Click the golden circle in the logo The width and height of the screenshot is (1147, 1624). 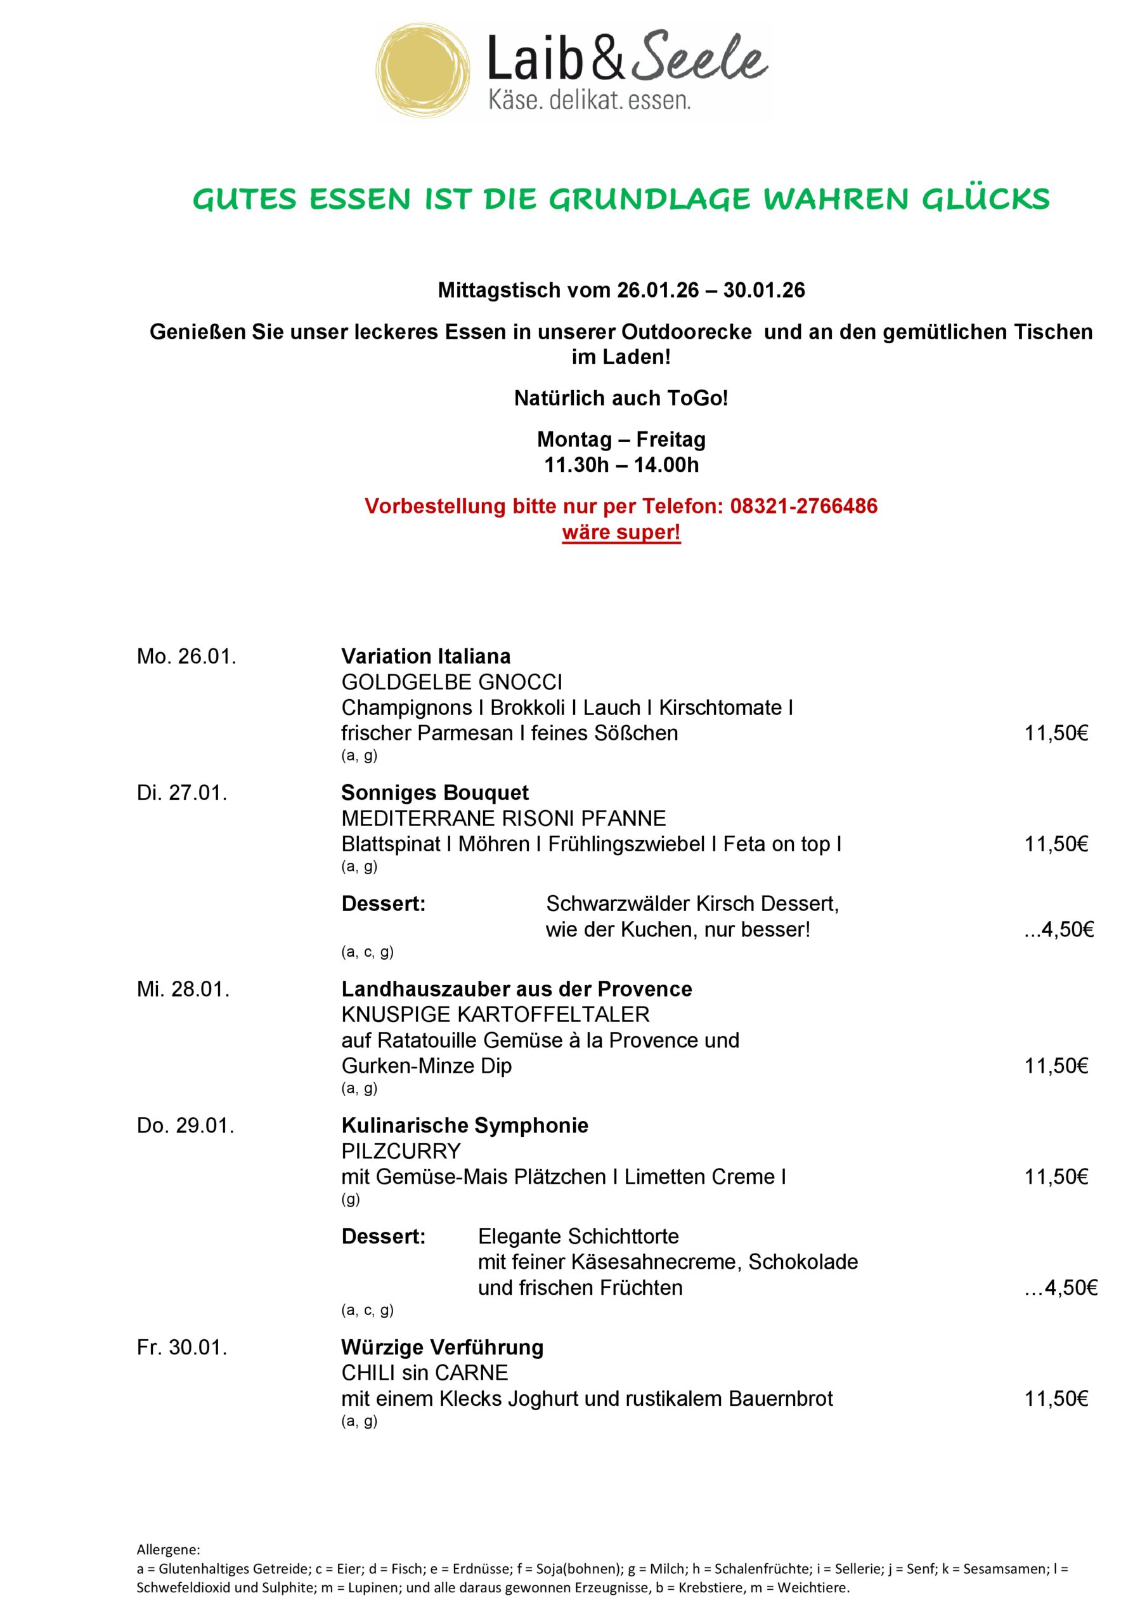(x=423, y=72)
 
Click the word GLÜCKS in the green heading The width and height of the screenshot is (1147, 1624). (x=985, y=199)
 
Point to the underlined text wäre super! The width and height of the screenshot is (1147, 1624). (x=621, y=532)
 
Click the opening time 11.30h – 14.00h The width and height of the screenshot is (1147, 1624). (x=621, y=465)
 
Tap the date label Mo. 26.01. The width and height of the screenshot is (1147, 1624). (x=186, y=657)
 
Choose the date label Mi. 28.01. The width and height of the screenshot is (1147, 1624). (x=183, y=989)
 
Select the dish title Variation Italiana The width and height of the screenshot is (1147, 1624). (x=425, y=657)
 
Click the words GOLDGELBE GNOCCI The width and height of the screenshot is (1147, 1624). (x=452, y=682)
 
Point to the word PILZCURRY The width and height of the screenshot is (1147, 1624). (x=401, y=1151)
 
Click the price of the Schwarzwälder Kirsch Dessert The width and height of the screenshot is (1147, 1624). (x=1059, y=929)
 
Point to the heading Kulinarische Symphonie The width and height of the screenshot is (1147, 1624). (x=465, y=1125)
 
